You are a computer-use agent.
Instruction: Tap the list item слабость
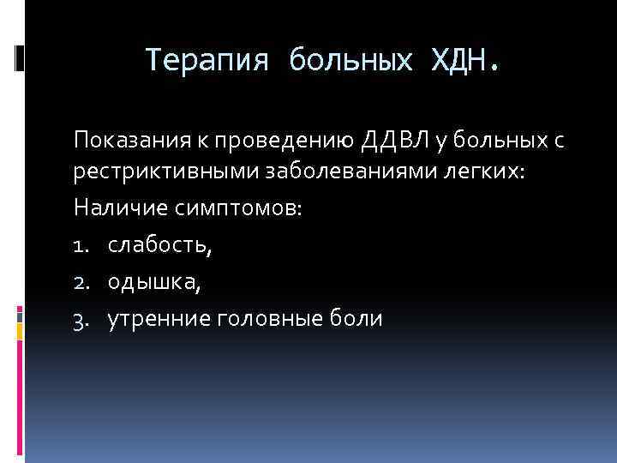(x=159, y=247)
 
